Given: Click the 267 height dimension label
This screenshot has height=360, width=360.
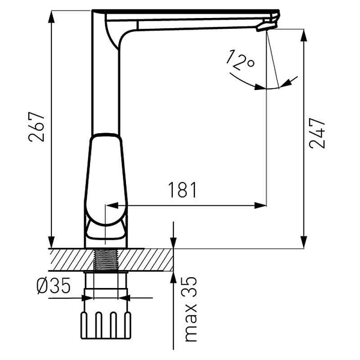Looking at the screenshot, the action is [36, 127].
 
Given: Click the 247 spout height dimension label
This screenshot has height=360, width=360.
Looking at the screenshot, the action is [317, 133].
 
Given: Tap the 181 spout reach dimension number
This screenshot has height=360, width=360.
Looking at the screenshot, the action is [183, 190].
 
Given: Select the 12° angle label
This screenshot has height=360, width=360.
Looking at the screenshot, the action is [240, 60].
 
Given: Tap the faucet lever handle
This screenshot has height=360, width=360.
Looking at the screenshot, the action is [106, 179].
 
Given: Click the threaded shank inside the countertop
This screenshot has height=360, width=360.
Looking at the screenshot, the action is [106, 260].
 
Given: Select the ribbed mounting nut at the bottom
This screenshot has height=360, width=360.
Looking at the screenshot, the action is [106, 325].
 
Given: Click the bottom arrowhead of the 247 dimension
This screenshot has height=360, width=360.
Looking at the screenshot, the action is [303, 242].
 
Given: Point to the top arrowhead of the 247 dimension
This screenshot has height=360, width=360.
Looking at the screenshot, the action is [303, 35].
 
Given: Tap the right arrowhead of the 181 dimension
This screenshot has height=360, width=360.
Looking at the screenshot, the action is [261, 206].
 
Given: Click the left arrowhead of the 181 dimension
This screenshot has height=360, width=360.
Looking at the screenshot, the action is [112, 206].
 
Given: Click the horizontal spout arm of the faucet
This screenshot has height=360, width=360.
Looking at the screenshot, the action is [195, 20].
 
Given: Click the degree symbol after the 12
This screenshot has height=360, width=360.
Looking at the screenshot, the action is [251, 63].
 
